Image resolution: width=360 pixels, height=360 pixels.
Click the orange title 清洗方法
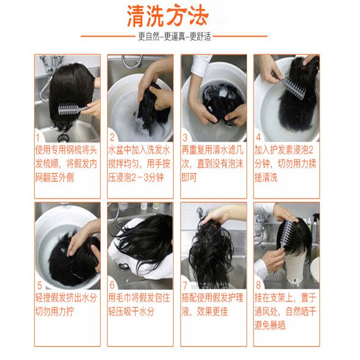click(x=168, y=16)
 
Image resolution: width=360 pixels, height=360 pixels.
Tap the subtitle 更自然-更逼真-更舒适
click(x=175, y=36)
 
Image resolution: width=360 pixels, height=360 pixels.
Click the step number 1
click(x=38, y=138)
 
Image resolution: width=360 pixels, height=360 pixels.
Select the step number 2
click(x=112, y=137)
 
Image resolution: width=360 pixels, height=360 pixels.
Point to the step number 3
click(x=185, y=138)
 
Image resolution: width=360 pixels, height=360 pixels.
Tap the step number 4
click(x=258, y=137)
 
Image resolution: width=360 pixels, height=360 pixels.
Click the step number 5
click(x=40, y=286)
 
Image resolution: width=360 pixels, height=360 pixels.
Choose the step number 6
click(x=112, y=285)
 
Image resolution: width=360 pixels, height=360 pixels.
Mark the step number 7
click(x=185, y=285)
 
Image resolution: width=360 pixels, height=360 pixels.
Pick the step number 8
click(x=258, y=285)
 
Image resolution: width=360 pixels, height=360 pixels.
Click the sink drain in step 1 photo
click(x=63, y=138)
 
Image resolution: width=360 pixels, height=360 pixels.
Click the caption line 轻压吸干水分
click(x=131, y=311)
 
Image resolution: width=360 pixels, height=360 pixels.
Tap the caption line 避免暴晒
click(x=270, y=325)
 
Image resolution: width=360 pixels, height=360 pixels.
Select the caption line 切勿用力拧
click(x=54, y=311)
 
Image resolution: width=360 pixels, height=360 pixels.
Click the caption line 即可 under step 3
click(x=189, y=177)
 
